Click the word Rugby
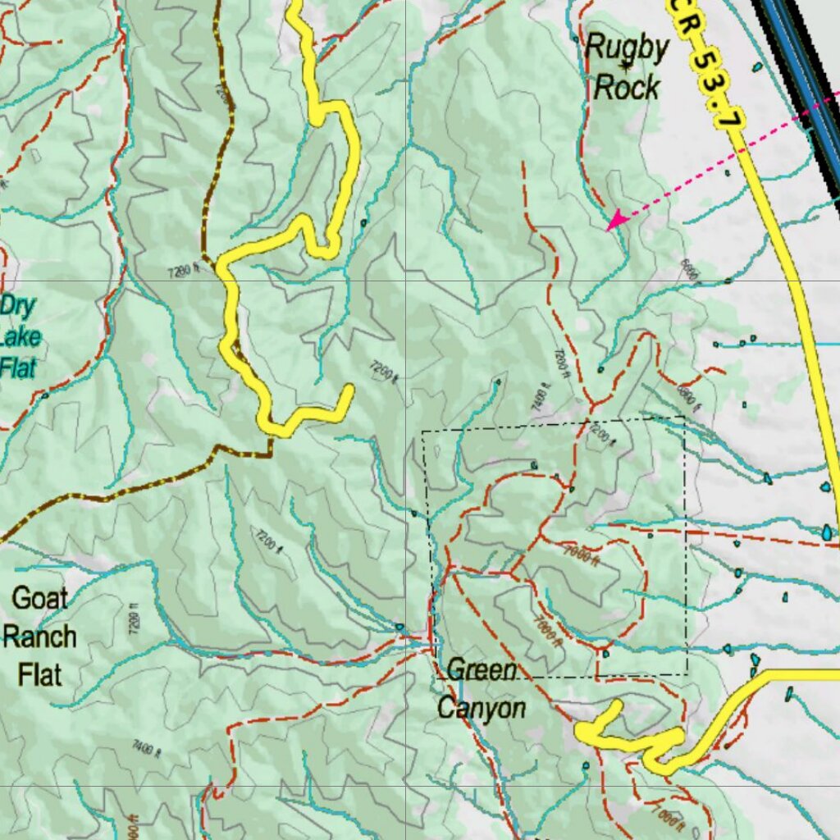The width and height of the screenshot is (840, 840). point(626,48)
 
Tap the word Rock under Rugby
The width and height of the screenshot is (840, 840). point(626,87)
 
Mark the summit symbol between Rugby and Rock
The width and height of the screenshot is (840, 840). point(627,66)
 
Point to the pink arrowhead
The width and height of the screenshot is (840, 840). point(613,220)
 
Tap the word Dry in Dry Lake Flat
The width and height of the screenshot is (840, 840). point(19,307)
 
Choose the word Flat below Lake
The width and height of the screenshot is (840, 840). point(18,367)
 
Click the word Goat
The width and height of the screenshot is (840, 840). point(39,598)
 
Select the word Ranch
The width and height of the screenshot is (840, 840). point(39,637)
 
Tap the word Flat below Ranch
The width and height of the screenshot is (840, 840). point(39,675)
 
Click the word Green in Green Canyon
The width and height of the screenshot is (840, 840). point(482,671)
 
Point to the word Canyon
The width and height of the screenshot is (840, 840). point(482,708)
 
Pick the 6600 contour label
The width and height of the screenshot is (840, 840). point(688,270)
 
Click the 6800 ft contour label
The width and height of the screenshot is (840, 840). point(687,395)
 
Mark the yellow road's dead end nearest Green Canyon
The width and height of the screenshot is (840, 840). point(615,706)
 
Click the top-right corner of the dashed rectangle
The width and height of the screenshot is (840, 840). point(683,418)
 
